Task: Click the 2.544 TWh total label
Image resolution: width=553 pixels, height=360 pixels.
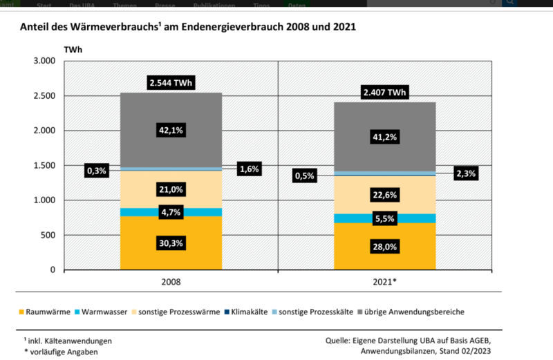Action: (x=171, y=84)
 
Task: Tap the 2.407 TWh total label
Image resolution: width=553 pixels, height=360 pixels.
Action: (x=385, y=93)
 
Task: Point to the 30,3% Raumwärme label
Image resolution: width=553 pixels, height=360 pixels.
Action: (x=171, y=243)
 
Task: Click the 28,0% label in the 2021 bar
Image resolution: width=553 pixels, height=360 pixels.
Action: (x=385, y=247)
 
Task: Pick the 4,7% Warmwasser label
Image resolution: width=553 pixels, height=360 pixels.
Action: (x=171, y=212)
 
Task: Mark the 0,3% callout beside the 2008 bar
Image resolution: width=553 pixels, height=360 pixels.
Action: (x=97, y=170)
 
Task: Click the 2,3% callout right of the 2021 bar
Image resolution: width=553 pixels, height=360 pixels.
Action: (x=466, y=174)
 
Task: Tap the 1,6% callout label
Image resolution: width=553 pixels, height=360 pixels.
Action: (x=249, y=169)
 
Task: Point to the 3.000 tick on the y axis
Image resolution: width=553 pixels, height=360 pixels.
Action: (x=43, y=61)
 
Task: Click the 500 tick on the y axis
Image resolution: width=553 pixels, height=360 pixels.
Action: (x=46, y=235)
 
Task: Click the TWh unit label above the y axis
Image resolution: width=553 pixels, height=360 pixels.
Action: (x=73, y=50)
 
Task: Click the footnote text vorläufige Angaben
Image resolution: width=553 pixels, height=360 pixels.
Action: (x=66, y=352)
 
